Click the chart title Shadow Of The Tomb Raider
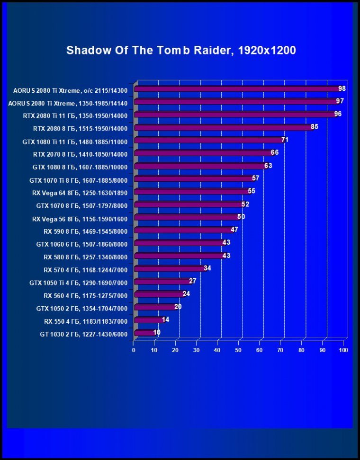181,50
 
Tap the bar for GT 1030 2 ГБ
144,333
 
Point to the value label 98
342,88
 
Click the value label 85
315,127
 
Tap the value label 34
207,268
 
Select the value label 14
165,319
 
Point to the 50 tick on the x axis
238,350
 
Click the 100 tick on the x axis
343,350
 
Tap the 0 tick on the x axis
134,350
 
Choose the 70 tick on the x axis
280,350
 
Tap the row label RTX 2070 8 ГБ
80,154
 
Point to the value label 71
285,140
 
